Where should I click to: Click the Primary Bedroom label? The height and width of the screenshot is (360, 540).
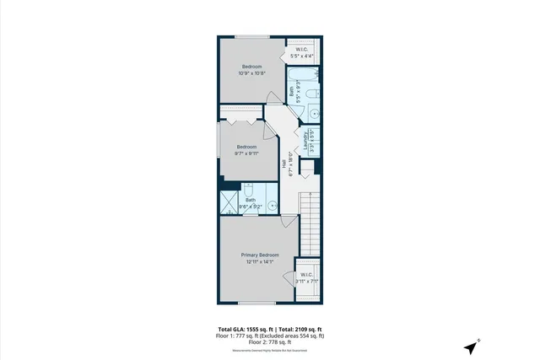(260, 255)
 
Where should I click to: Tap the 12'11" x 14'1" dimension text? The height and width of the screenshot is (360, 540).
(260, 261)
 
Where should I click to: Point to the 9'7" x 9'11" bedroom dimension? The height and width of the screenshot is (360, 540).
(247, 153)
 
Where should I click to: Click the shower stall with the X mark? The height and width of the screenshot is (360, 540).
(229, 203)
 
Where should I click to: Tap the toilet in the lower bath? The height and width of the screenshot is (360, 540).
(249, 191)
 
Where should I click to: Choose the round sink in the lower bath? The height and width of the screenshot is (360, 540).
(272, 203)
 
